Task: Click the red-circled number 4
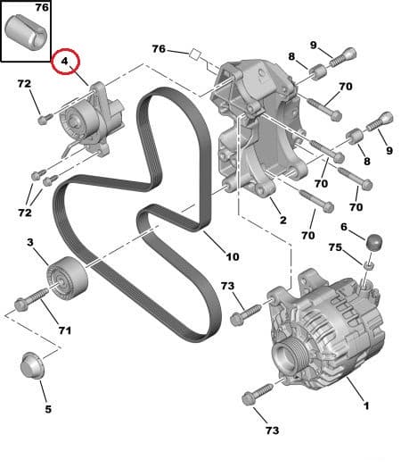65,63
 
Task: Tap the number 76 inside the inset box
41,8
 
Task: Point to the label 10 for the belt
233,257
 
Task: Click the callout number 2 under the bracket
282,220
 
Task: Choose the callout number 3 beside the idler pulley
29,243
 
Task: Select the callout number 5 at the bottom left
48,409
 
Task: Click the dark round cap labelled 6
373,241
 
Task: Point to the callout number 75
334,247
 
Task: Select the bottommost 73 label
271,430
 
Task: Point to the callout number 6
344,228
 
